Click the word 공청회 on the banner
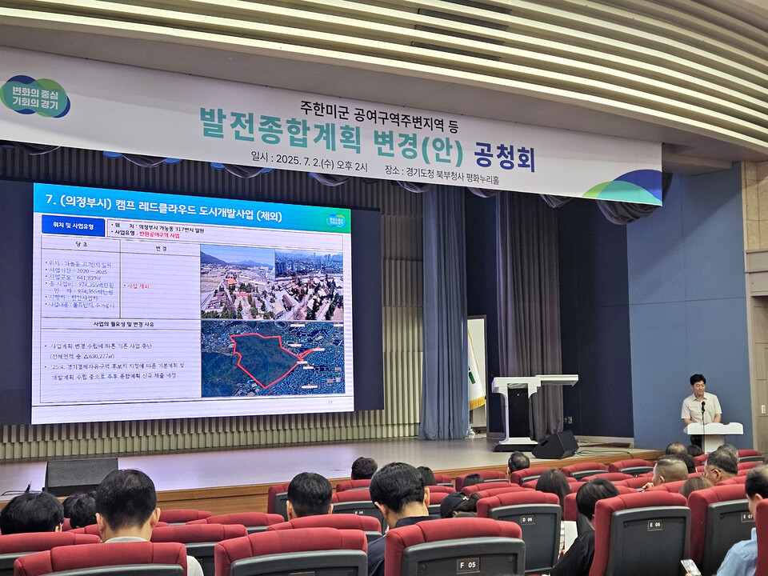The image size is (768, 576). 504,157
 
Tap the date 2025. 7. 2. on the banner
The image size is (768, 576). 298,158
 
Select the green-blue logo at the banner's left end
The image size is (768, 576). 35,97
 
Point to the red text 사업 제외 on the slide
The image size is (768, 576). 138,286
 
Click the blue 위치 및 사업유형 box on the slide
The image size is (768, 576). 73,225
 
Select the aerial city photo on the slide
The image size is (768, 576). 271,283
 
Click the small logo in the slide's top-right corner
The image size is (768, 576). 337,220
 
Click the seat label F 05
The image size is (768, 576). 467,564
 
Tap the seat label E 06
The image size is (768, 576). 654,525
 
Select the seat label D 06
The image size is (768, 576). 526,519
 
